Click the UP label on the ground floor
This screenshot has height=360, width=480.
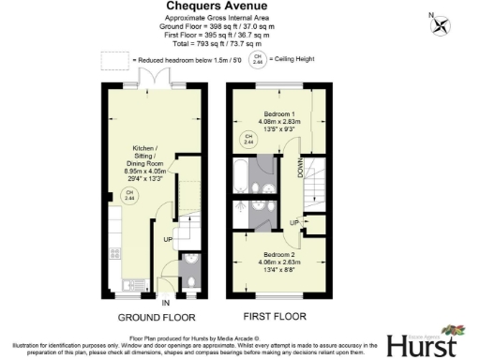(169, 240)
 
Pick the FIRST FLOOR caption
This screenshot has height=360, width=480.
(278, 317)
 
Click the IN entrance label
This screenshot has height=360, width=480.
(165, 304)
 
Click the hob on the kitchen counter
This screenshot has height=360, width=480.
(116, 252)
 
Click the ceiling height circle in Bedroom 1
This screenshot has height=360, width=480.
(248, 140)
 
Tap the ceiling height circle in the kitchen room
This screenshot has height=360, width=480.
(128, 197)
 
